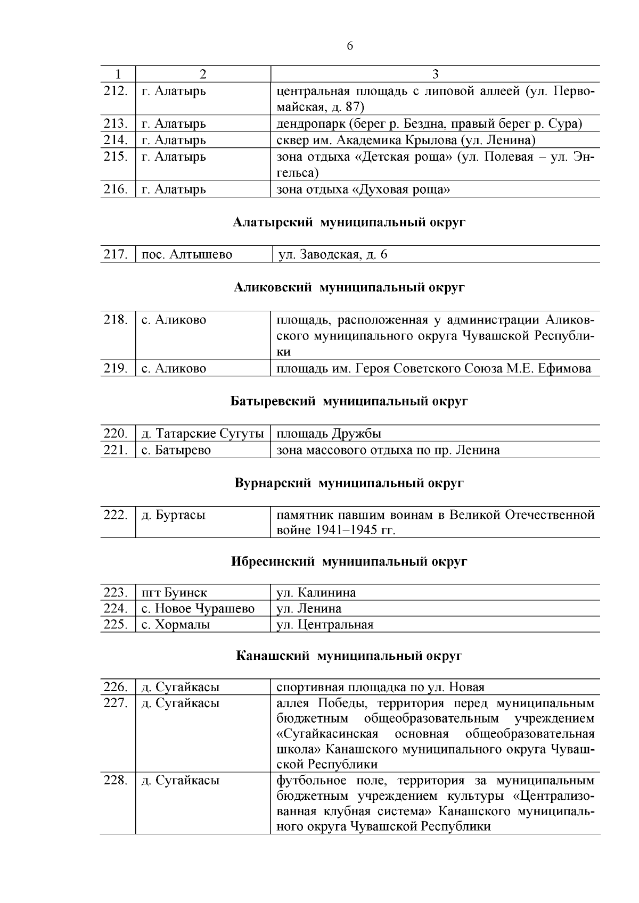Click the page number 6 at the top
click(350, 46)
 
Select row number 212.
click(116, 91)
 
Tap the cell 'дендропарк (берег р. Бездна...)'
click(429, 124)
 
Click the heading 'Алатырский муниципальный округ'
click(349, 222)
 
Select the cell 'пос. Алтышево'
click(187, 255)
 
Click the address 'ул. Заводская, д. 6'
click(332, 255)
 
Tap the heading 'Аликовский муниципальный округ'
click(349, 288)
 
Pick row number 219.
click(116, 369)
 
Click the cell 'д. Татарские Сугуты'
click(202, 434)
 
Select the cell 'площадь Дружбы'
click(329, 434)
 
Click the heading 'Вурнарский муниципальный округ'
click(349, 483)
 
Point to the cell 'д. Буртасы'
click(173, 516)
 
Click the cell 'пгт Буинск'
click(174, 593)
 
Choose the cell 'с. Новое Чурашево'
click(198, 609)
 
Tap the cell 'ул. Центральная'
click(325, 625)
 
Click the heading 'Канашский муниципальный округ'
click(349, 656)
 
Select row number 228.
click(116, 781)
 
